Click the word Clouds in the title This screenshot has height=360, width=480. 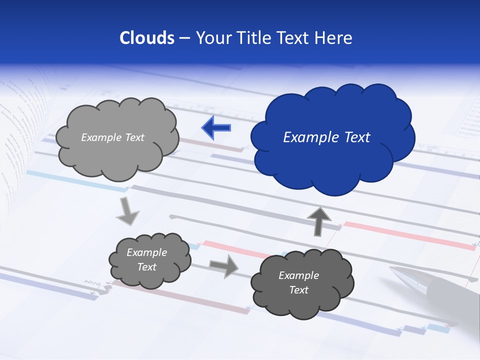point(146,38)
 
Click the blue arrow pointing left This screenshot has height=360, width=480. point(216,127)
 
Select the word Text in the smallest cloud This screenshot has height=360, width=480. point(146,267)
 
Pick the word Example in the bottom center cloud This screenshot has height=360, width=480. point(298,275)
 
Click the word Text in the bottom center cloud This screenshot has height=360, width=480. point(298,290)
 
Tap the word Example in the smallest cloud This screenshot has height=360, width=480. point(146,252)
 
